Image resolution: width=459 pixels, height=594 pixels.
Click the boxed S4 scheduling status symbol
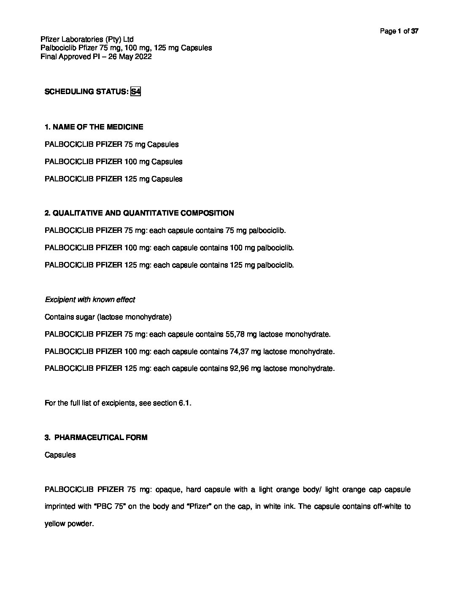click(x=135, y=92)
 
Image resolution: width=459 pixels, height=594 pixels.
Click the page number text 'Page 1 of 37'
click(x=399, y=31)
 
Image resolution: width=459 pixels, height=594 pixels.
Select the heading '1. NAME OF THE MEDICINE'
click(x=94, y=127)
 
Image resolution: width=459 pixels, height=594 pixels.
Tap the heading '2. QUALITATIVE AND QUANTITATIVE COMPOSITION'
click(x=139, y=213)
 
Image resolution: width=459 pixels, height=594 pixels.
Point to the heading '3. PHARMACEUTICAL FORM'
click(x=96, y=437)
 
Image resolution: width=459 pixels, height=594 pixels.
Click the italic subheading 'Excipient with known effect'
click(x=90, y=300)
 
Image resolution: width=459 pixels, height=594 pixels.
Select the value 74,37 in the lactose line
click(x=240, y=351)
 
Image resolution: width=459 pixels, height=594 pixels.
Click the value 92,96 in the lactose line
click(x=240, y=368)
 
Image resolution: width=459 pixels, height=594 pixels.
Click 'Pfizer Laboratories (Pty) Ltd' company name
click(x=87, y=40)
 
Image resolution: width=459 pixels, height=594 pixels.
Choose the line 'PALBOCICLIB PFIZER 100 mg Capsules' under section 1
click(x=113, y=162)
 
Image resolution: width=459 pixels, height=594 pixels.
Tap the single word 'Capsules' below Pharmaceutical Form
click(x=60, y=455)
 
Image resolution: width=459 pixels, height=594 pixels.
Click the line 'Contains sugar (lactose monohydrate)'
click(x=108, y=317)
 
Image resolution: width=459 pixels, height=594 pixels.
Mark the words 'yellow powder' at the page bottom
click(x=68, y=524)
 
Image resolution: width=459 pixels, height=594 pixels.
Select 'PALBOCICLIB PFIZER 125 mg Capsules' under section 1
click(x=113, y=179)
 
